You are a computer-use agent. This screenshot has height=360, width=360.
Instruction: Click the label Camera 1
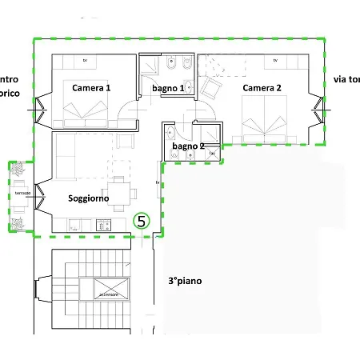90,88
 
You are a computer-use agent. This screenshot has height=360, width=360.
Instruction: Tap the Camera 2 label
262,88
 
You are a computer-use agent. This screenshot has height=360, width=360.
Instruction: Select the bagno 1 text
169,88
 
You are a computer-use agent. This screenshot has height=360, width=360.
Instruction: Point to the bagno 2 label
189,146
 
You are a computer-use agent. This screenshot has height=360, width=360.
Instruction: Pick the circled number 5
142,220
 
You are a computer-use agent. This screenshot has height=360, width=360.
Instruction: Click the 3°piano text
184,282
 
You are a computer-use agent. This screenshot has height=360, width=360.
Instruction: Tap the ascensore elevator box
110,289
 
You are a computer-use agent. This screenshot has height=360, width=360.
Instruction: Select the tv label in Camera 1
85,61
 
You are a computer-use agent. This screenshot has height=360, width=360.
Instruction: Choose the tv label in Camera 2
274,61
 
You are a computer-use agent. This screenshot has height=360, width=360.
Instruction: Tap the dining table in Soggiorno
118,191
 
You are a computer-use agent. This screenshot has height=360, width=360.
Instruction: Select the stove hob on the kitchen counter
103,226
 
